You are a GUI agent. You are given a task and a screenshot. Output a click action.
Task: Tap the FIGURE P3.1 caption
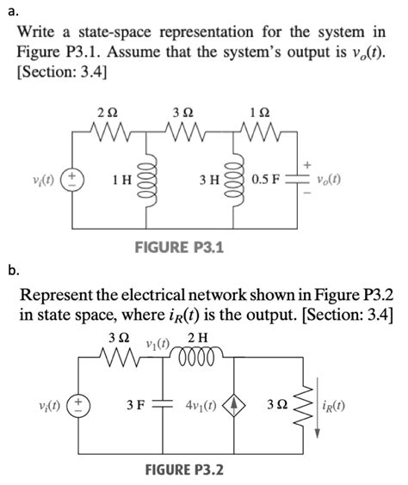pos(180,248)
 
